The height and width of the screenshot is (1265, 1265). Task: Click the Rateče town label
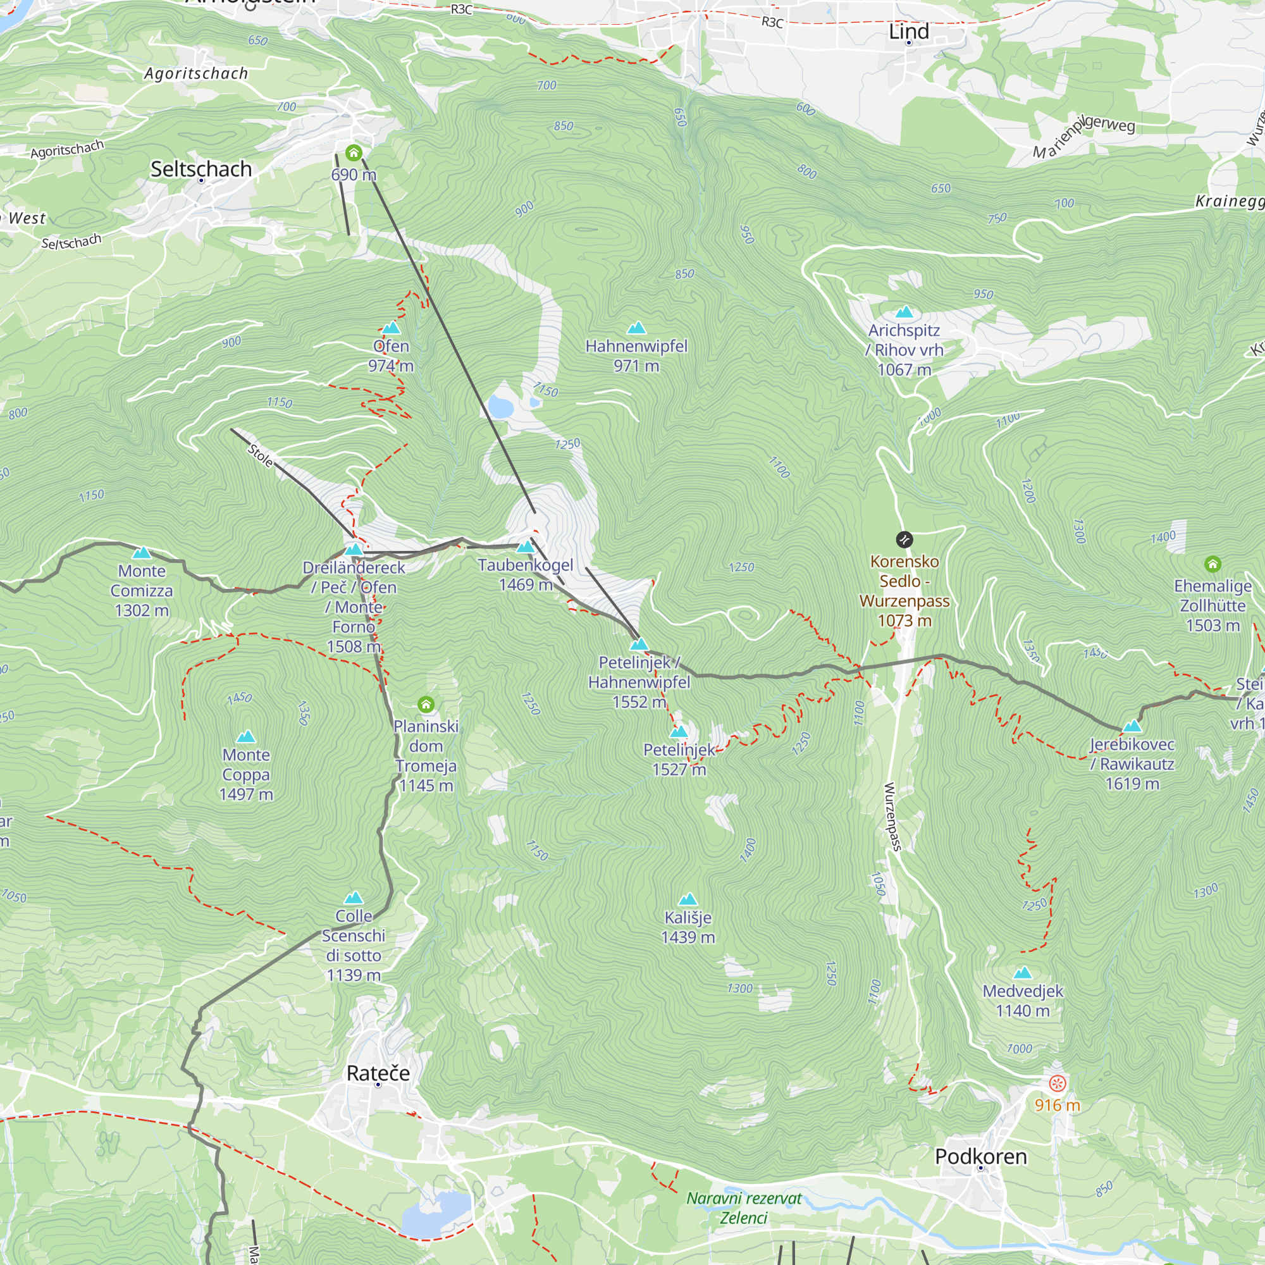(378, 1073)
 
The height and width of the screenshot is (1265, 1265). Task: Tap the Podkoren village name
(980, 1156)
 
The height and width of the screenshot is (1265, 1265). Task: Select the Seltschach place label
(201, 169)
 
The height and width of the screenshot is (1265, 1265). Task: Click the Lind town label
(908, 32)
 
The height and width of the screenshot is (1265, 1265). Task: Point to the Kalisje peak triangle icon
(688, 899)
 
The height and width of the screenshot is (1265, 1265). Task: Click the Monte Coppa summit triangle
(245, 737)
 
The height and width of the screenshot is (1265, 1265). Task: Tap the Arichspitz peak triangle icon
(904, 312)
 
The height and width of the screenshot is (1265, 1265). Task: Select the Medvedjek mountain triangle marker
(1022, 973)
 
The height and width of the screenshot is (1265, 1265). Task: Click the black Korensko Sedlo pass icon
(904, 540)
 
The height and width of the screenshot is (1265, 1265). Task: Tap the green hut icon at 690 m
(354, 153)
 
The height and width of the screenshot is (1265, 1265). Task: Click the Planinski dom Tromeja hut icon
(426, 705)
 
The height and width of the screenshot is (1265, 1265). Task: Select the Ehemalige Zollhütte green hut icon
(1212, 564)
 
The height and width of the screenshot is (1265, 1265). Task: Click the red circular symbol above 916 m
(1057, 1083)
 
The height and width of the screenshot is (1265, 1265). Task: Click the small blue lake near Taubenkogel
(500, 408)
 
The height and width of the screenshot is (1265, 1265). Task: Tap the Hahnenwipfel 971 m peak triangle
(636, 328)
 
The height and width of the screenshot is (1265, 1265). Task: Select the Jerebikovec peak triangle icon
(1132, 726)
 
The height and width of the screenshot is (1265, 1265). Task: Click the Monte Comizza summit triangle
(142, 553)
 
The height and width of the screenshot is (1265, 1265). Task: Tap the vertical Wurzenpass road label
(892, 816)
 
